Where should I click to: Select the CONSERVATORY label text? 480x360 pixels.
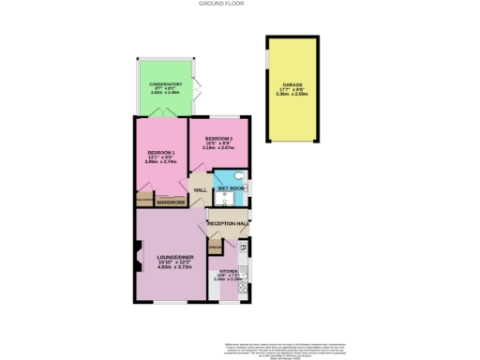click(164, 85)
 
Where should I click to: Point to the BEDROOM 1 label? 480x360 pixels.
click(161, 153)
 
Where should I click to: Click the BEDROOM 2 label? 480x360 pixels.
click(218, 139)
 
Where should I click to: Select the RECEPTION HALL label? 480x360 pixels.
click(228, 224)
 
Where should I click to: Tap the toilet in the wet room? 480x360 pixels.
click(240, 175)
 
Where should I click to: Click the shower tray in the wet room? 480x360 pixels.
click(223, 176)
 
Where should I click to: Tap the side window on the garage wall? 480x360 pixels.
click(268, 67)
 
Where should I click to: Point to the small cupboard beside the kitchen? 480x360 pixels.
click(215, 247)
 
